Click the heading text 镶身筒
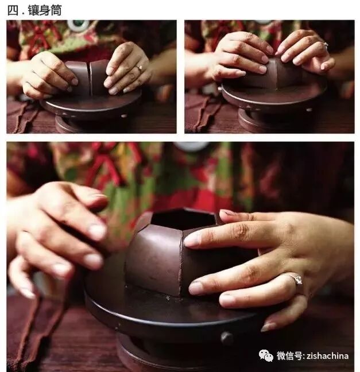click(x=45, y=10)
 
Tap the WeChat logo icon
click(x=266, y=355)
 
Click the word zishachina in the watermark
click(x=327, y=356)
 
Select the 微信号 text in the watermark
click(x=289, y=356)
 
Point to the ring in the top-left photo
click(x=138, y=68)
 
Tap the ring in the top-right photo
click(x=325, y=44)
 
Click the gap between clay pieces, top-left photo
click(x=90, y=78)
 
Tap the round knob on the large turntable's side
click(x=226, y=338)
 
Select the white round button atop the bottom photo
click(x=192, y=146)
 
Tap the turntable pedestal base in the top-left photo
click(x=92, y=123)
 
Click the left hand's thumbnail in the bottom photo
click(x=26, y=292)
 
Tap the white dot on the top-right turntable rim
click(x=309, y=110)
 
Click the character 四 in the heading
click(x=13, y=11)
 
